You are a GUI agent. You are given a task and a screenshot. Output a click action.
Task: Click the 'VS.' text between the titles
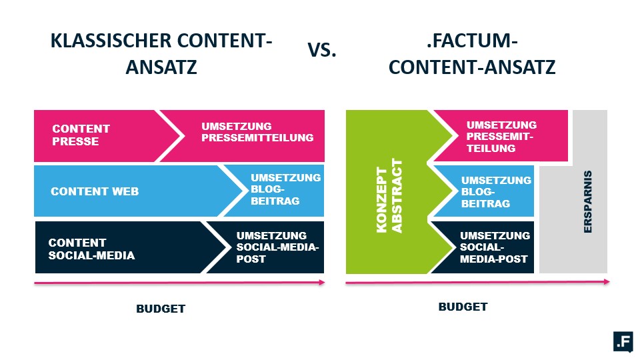coord(321,50)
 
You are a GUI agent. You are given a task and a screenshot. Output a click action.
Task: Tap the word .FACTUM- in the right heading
coord(472,41)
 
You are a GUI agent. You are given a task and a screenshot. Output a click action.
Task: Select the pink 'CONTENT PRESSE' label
coord(81,135)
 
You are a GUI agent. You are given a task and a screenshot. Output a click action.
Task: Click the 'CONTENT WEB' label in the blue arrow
coord(95,191)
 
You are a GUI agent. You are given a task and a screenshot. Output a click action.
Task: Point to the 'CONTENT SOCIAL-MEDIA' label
coord(91,249)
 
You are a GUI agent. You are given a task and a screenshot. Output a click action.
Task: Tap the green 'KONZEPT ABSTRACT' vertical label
coord(389,196)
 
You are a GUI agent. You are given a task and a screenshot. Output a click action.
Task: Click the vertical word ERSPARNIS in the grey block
coord(588,201)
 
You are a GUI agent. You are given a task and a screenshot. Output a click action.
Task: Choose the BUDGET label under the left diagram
coord(161,309)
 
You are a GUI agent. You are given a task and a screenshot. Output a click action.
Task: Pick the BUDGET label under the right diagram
coord(463,307)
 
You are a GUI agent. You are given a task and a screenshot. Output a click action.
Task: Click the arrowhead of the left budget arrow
coord(322,283)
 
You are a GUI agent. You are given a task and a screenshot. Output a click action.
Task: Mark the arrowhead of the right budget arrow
coord(607,281)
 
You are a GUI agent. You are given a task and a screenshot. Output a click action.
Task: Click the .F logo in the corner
coord(624,341)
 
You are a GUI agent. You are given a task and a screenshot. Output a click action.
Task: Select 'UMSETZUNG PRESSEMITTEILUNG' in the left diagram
coord(257,132)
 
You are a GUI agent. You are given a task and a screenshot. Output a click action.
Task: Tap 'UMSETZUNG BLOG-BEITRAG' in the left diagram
coord(286,189)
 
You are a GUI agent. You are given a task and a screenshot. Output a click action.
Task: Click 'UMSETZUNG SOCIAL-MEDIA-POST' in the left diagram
coord(277,247)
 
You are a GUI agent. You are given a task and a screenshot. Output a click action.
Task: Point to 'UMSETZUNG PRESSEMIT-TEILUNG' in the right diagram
coord(501,136)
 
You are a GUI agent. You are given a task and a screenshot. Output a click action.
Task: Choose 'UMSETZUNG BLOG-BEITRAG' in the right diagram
coord(496,192)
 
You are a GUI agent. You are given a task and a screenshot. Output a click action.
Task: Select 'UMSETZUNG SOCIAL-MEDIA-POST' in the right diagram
coord(495,247)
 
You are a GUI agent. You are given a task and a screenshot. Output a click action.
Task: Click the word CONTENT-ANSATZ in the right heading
coord(472,67)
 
